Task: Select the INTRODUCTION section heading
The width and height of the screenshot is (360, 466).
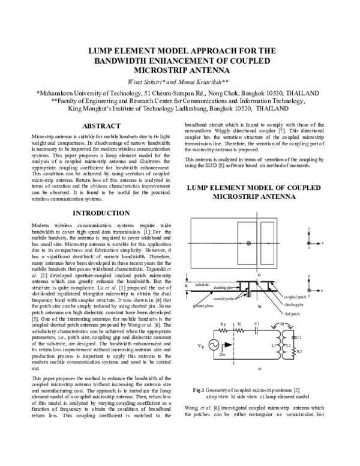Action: pos(101,213)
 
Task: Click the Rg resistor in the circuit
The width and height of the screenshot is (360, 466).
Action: pos(223,325)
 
